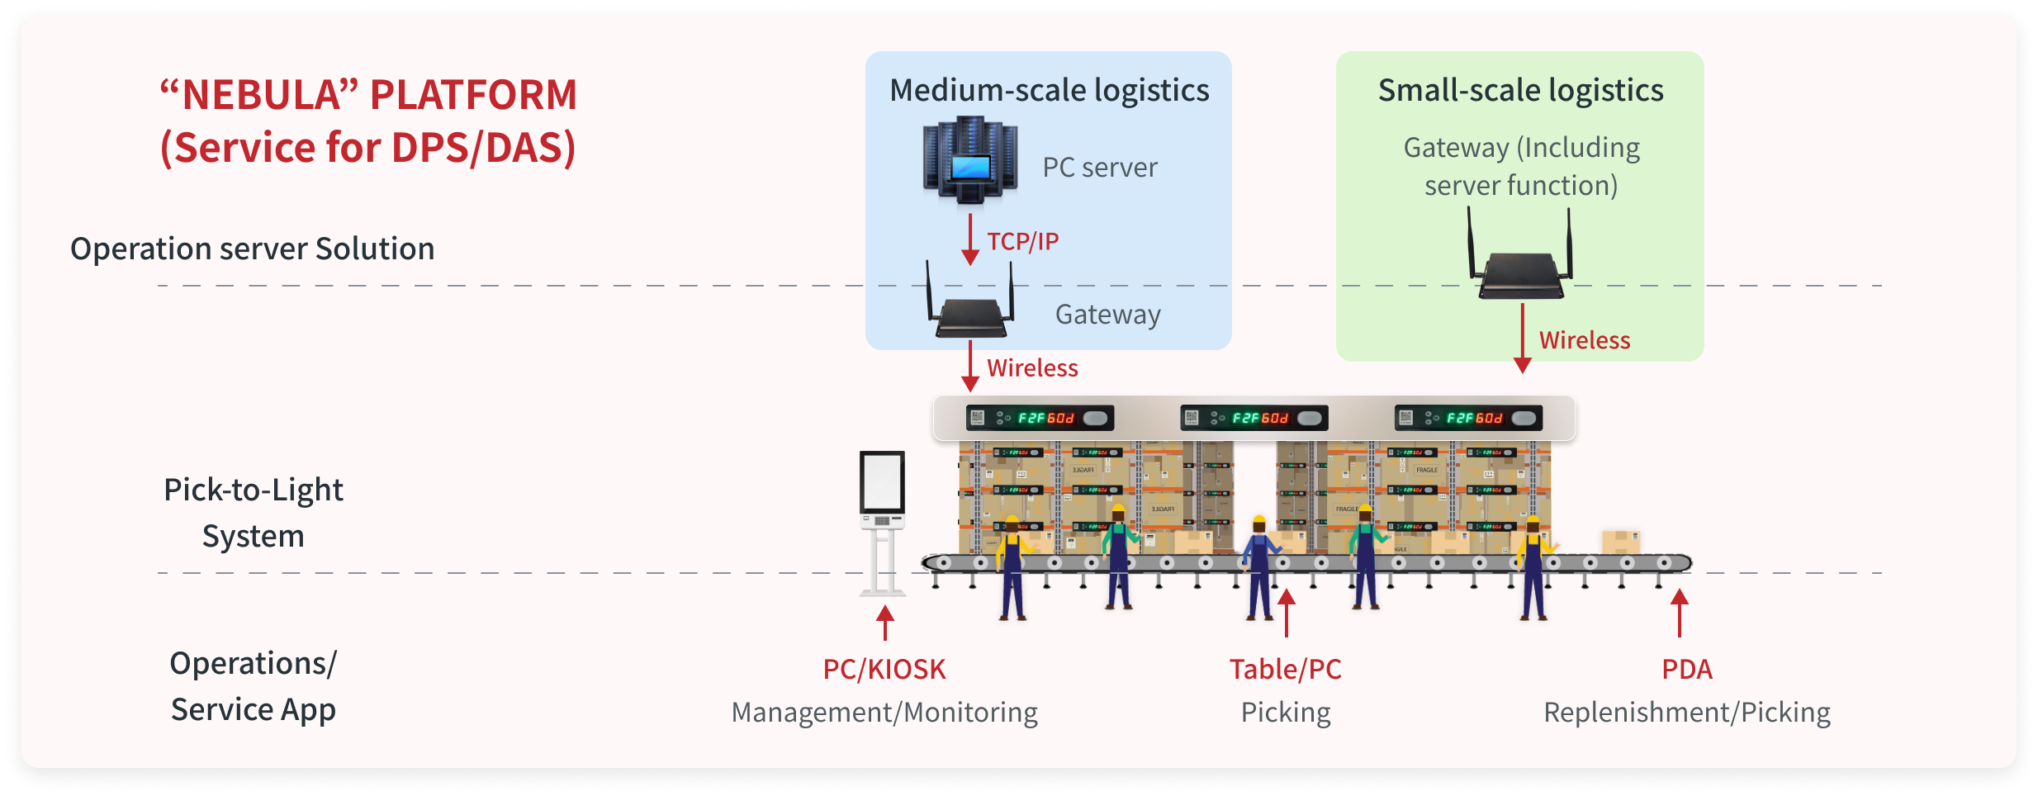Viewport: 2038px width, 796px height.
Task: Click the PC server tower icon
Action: [x=969, y=159]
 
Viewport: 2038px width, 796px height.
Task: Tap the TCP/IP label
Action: [x=1022, y=241]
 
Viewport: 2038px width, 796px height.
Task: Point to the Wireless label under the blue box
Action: [x=1032, y=367]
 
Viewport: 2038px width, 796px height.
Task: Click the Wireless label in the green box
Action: [x=1584, y=340]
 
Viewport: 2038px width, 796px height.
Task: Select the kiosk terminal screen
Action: [x=882, y=482]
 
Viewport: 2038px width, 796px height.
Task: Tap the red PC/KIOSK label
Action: [x=884, y=669]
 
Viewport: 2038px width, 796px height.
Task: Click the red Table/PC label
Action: [x=1285, y=669]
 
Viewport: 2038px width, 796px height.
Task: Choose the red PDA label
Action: [x=1686, y=669]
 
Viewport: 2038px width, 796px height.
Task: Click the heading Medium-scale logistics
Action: [x=1049, y=90]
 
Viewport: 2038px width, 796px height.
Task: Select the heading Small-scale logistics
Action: [x=1520, y=90]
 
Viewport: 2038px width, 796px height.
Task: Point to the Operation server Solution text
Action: [x=252, y=249]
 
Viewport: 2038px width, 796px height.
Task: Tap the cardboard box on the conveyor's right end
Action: [x=1620, y=542]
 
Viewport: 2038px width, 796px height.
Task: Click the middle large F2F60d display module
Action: [x=1254, y=418]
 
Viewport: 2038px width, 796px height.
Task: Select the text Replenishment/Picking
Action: [x=1686, y=712]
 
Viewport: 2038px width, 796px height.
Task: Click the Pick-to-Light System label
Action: [x=253, y=512]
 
